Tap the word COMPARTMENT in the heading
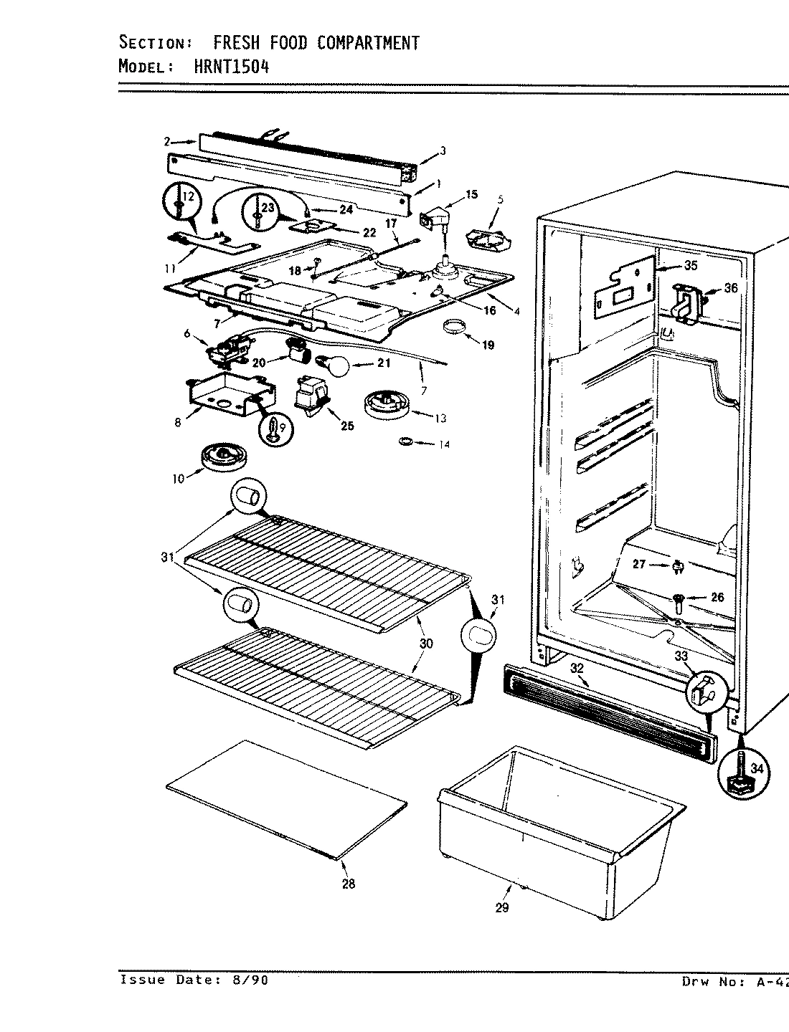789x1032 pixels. (367, 43)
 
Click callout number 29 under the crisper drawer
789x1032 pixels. (501, 907)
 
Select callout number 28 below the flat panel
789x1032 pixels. (348, 884)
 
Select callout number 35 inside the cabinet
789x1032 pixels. (690, 266)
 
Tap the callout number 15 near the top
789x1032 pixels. (471, 194)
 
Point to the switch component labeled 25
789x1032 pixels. (313, 396)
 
